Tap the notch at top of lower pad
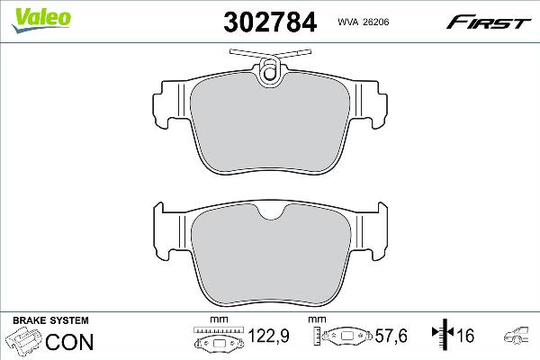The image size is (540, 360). [x=269, y=214]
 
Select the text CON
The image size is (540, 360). [x=68, y=341]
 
